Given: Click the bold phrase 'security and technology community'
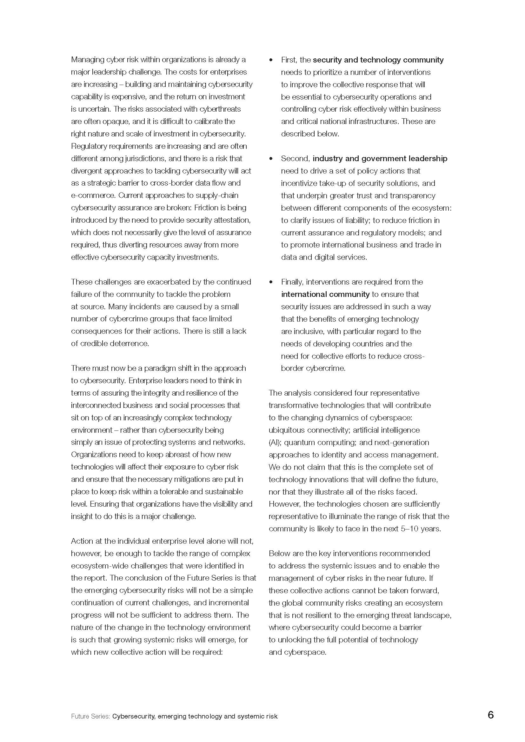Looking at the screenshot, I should tap(378, 60).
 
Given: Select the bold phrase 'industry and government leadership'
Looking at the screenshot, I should tap(380, 158).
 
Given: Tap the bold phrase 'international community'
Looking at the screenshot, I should tap(325, 294).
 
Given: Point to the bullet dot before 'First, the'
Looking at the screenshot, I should tap(271, 60).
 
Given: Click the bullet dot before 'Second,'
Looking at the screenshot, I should tap(271, 159).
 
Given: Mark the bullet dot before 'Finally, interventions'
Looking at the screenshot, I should tap(271, 282).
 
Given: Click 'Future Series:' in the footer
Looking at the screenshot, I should tap(90, 716).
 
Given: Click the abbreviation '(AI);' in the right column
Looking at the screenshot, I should tap(275, 443).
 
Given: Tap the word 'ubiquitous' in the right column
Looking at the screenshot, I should tap(286, 430).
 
